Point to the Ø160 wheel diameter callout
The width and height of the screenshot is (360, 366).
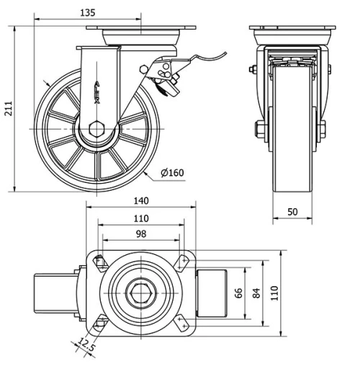pyautogui.click(x=173, y=172)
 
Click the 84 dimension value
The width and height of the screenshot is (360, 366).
pyautogui.click(x=256, y=293)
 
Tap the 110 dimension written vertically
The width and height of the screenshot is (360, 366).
pyautogui.click(x=274, y=293)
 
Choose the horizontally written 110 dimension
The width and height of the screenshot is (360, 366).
pyautogui.click(x=140, y=218)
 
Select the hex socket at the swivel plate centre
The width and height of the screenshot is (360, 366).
pyautogui.click(x=140, y=293)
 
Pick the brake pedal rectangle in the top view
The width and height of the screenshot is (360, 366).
pyautogui.click(x=212, y=293)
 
